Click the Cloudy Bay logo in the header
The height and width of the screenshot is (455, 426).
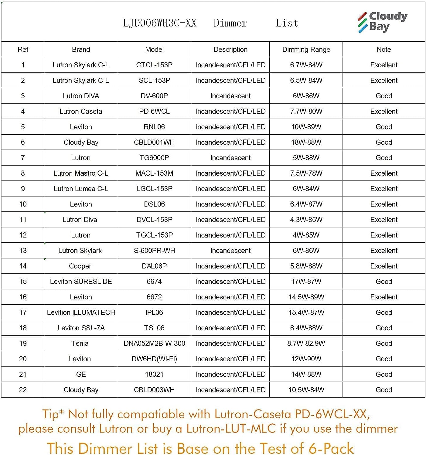[x=382, y=22]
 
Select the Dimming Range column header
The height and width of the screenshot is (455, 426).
[x=306, y=49]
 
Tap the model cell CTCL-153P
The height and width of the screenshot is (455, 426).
[x=154, y=65]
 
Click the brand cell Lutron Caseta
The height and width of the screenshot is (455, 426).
[x=81, y=111]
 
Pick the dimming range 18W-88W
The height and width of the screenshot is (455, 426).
[x=306, y=142]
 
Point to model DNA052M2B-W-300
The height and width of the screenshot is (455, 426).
[x=154, y=343]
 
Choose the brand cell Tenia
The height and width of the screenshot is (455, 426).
[x=80, y=343]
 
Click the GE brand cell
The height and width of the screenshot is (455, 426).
[x=81, y=374]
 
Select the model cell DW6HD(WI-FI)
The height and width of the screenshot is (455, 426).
[x=154, y=359]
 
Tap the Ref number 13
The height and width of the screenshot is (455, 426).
[x=23, y=251]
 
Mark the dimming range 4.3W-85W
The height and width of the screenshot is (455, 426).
[x=306, y=220]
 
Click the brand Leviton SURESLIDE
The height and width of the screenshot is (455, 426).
[x=81, y=281]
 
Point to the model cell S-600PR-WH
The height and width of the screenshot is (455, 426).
[x=154, y=251]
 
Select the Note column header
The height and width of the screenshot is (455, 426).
[x=384, y=49]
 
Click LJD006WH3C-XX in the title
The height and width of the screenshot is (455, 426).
[x=160, y=23]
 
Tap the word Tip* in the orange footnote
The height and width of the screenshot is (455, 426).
[x=53, y=414]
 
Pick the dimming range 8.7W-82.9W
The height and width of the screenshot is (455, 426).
[x=306, y=343]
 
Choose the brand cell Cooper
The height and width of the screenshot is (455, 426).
[x=80, y=266]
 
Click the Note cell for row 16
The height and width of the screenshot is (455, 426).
[x=384, y=297]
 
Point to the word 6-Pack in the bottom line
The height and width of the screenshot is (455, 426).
[x=331, y=448]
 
